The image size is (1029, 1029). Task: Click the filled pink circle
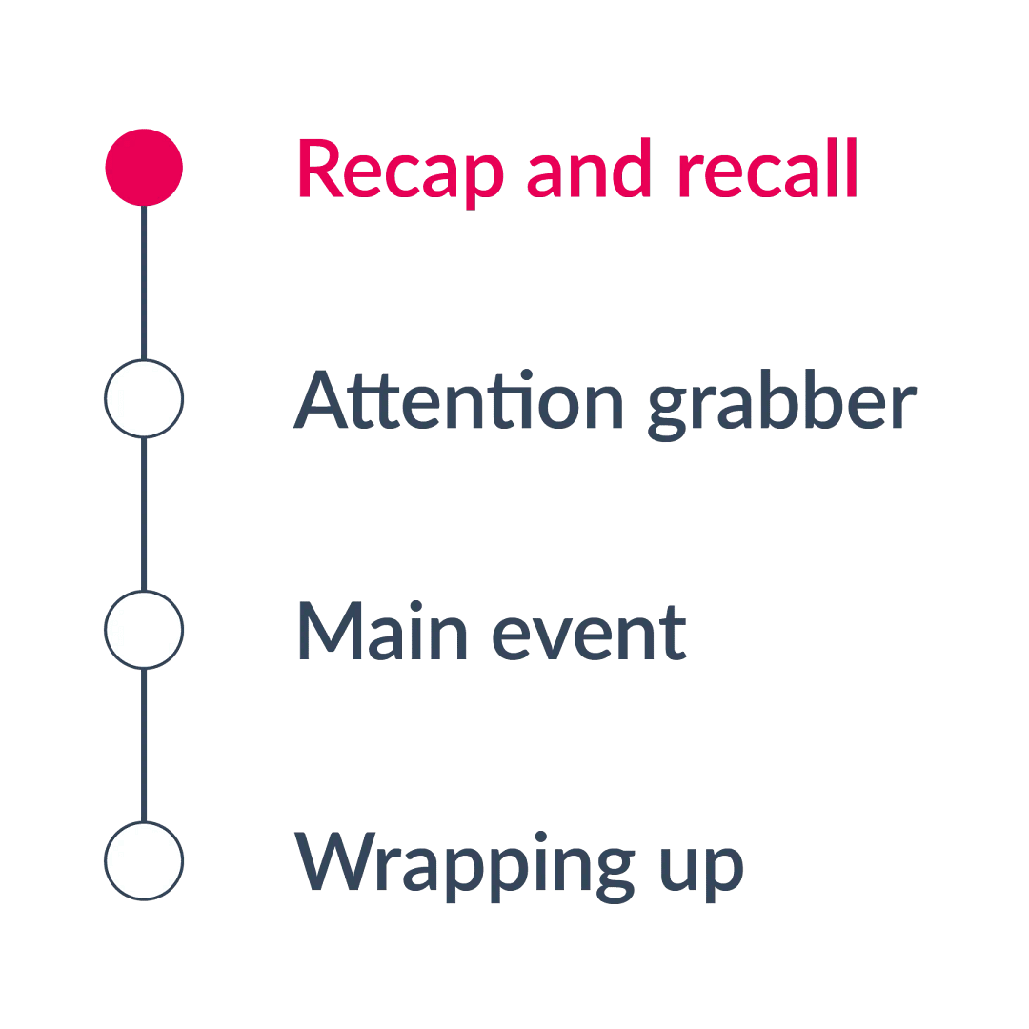pos(144,168)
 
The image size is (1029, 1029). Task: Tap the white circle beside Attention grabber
pos(144,399)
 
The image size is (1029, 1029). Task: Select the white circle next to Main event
pos(144,630)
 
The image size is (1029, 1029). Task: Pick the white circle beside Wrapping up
pos(144,860)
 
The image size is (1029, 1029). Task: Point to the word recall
pos(767,170)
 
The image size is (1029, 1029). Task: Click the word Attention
pos(458,401)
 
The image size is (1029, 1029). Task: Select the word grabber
pos(781,405)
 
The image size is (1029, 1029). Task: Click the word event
pos(590,634)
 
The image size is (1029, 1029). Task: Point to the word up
pos(701,867)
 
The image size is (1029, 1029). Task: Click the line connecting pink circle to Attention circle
pos(144,282)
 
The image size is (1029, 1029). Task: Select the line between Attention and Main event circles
pos(144,514)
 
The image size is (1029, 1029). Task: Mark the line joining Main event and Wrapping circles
pos(144,745)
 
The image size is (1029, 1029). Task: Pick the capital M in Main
pos(333,631)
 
